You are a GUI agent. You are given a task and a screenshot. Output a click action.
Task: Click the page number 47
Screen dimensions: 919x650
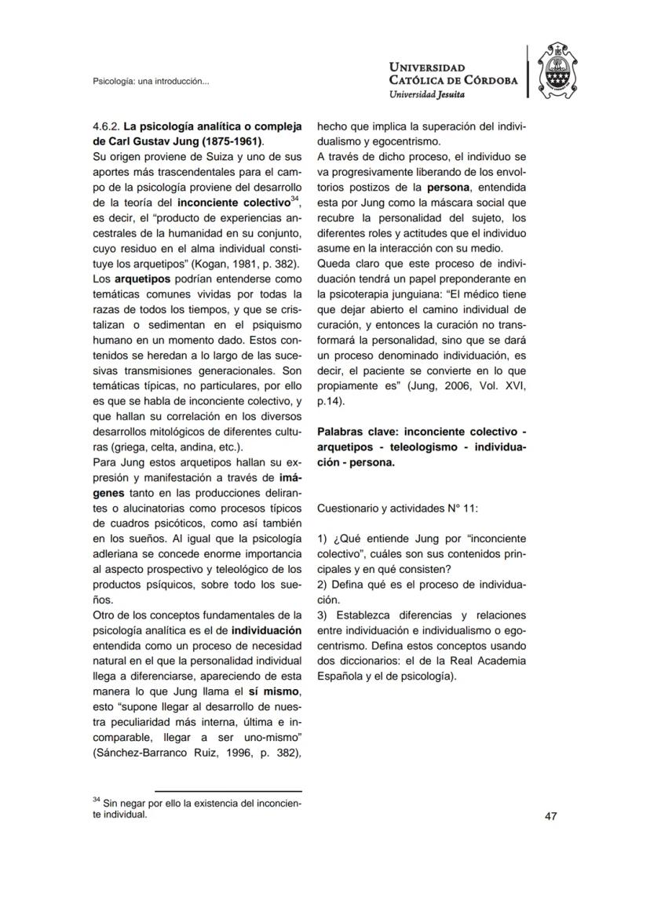(x=550, y=816)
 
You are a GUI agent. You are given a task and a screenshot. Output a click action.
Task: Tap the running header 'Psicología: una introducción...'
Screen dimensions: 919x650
(x=151, y=81)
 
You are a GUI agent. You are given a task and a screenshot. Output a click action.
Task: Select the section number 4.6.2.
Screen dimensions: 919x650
(x=105, y=126)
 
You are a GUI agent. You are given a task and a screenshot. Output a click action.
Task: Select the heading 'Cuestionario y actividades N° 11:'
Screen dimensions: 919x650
(x=397, y=509)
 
